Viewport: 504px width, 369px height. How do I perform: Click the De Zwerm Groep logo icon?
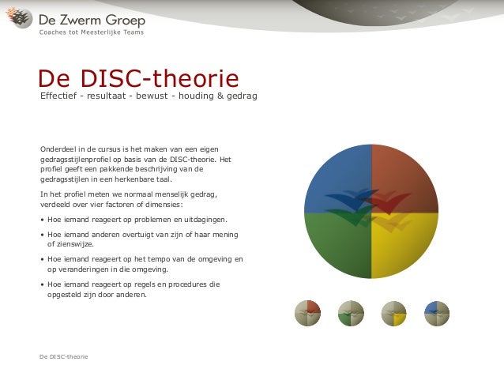point(19,18)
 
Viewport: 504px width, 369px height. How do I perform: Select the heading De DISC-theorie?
point(138,78)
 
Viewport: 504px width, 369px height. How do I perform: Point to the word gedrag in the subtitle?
point(240,96)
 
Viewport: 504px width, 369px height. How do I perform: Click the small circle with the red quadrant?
point(307,314)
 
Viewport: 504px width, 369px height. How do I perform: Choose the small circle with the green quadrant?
point(351,314)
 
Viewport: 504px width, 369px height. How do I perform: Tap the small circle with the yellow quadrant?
point(393,314)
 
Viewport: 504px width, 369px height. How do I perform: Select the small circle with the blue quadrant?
point(437,314)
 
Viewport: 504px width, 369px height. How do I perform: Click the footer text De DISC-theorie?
point(64,356)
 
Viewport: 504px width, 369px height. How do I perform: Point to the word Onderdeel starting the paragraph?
point(58,149)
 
